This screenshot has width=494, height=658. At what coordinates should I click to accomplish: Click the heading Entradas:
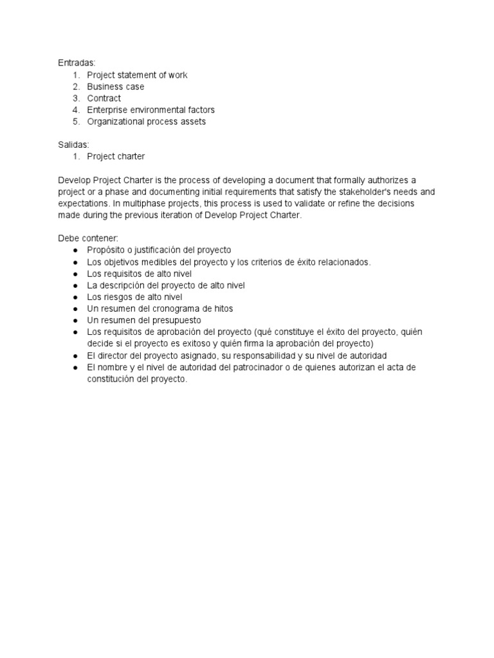[x=76, y=63]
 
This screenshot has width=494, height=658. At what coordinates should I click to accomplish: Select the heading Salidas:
[x=73, y=145]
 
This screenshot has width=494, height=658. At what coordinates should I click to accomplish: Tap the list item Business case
[x=116, y=87]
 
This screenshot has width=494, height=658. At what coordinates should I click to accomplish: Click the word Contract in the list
[x=104, y=98]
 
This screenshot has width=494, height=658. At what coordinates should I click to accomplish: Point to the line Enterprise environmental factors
[x=151, y=110]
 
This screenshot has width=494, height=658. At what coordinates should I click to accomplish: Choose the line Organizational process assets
[x=147, y=121]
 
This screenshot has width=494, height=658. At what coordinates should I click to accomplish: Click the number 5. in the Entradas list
[x=76, y=121]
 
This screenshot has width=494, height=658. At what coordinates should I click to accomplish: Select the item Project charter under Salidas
[x=116, y=157]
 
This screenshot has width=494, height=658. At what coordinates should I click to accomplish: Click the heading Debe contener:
[x=85, y=238]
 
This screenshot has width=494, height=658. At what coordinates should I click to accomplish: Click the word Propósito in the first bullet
[x=107, y=250]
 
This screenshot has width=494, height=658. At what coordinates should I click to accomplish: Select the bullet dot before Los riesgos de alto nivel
[x=76, y=298]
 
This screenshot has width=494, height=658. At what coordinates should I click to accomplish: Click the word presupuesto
[x=178, y=320]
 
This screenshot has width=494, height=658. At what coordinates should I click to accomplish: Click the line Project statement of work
[x=137, y=75]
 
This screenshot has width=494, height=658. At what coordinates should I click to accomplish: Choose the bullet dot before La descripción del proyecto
[x=76, y=285]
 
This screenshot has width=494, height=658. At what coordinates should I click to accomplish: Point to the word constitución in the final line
[x=112, y=379]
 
